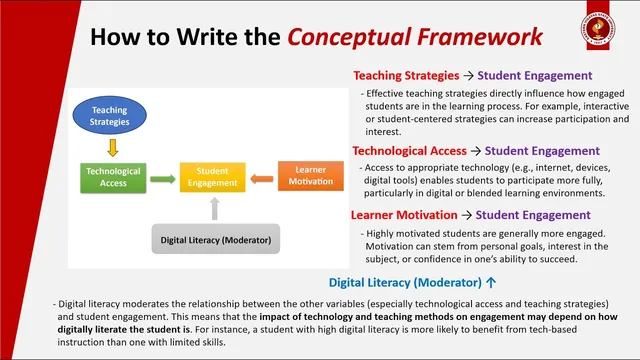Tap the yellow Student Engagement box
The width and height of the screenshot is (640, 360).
point(211,177)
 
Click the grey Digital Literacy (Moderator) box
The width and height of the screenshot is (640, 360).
point(215,240)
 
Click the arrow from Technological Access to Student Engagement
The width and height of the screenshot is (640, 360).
point(163,178)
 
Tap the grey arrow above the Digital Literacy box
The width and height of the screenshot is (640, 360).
point(213,209)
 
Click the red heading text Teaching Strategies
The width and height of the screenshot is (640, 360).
point(405,75)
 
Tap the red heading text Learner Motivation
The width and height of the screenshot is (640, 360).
point(404,214)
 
